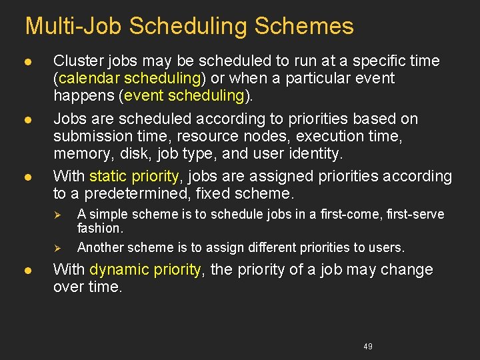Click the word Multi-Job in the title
click(x=73, y=26)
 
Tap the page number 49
click(x=368, y=346)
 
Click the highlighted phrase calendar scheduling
click(x=129, y=79)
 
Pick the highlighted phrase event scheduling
click(x=184, y=96)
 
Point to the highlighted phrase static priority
click(x=133, y=177)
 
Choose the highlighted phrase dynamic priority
click(x=145, y=270)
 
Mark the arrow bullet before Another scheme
click(x=58, y=248)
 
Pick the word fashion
click(x=99, y=228)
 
